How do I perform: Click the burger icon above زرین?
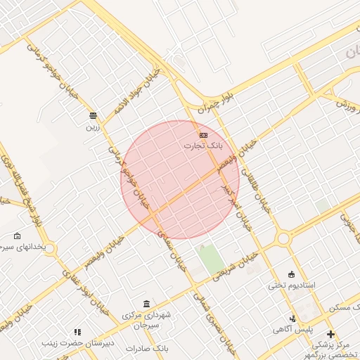[93, 115]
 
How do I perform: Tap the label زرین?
[94, 127]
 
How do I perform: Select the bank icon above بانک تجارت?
[203, 134]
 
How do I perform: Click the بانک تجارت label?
[203, 146]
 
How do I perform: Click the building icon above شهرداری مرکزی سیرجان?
[146, 304]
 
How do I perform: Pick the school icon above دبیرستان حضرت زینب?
[77, 332]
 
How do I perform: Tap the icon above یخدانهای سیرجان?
[18, 236]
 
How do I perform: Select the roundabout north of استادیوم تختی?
[283, 239]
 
